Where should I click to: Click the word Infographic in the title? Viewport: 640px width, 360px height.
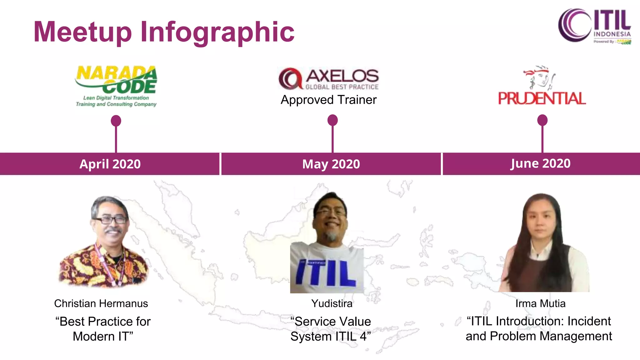[217, 32]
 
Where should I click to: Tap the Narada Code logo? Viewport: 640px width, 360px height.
[116, 86]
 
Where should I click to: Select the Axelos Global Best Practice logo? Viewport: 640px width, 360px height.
[329, 78]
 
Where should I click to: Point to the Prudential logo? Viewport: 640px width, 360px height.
[542, 86]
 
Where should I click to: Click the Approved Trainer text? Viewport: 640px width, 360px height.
[329, 100]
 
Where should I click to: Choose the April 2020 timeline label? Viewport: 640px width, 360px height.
[110, 164]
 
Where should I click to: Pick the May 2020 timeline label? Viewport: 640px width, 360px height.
[331, 164]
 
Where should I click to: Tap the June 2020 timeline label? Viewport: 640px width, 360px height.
[540, 163]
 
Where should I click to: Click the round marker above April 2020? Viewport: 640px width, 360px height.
[116, 121]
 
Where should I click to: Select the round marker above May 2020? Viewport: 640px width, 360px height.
[332, 120]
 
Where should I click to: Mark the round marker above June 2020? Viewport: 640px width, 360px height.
[542, 120]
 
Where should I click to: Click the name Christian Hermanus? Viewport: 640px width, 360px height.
[101, 303]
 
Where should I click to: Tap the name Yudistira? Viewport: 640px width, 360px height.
[332, 303]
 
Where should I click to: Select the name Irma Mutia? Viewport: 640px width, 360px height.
[540, 303]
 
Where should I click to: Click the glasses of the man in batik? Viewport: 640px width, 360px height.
[110, 220]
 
